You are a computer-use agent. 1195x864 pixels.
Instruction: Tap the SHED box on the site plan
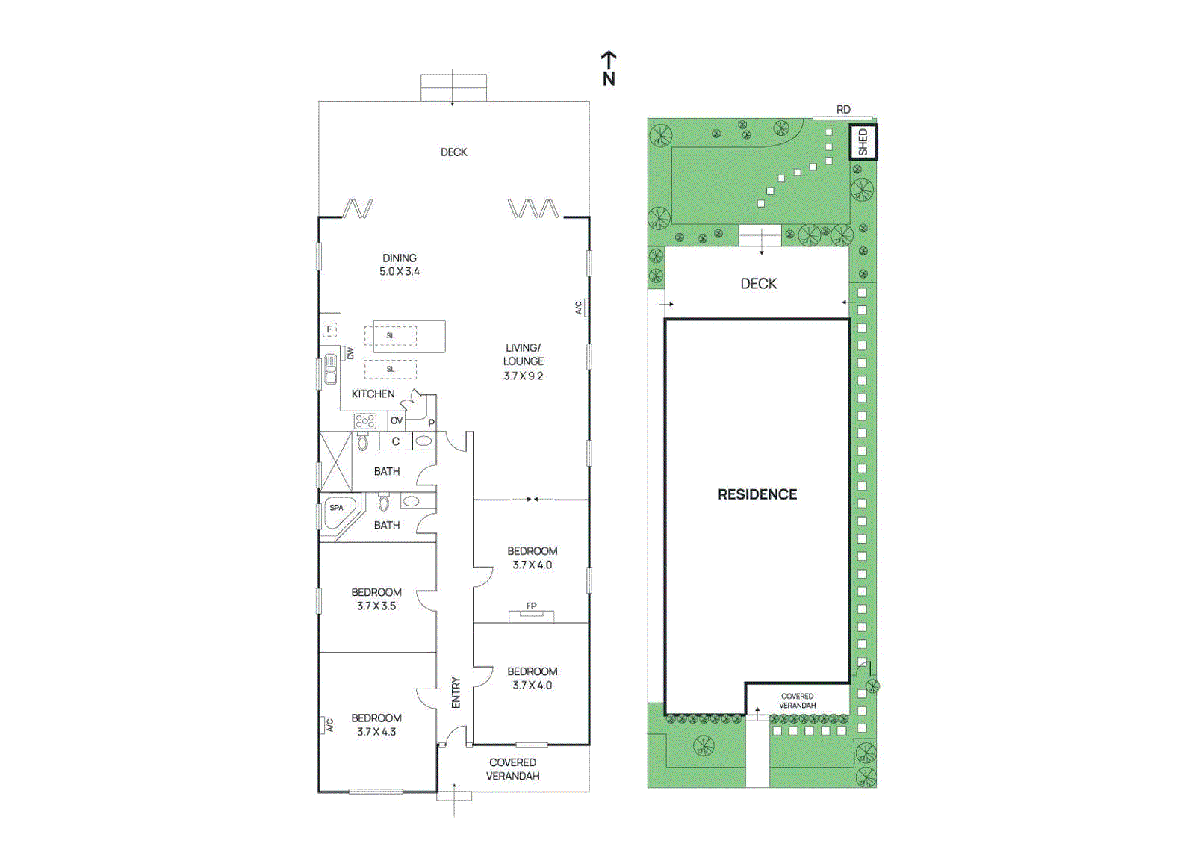[863, 142]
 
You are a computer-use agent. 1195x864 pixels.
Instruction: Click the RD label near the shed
[842, 109]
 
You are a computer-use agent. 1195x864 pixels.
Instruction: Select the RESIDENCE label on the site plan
[757, 494]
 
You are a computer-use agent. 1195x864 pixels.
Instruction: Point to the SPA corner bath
[338, 512]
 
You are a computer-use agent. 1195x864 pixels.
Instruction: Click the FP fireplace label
[531, 606]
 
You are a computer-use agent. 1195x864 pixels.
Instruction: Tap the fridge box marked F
[329, 329]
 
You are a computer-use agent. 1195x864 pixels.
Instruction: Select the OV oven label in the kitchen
[396, 420]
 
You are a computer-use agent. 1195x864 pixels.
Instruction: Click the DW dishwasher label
[350, 353]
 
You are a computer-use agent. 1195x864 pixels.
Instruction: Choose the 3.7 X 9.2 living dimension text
[523, 376]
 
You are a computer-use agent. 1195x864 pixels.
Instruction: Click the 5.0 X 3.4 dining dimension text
[400, 271]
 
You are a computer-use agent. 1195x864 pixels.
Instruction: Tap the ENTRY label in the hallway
[456, 692]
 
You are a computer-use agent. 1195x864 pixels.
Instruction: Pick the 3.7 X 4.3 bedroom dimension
[376, 732]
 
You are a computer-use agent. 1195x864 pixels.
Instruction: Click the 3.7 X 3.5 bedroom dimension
[376, 606]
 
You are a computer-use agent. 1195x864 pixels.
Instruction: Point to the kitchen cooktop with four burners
[364, 421]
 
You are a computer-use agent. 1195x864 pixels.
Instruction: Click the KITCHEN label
[373, 394]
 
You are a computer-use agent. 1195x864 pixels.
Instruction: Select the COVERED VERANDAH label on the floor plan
[512, 769]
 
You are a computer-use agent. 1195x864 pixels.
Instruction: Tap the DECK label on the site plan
[758, 284]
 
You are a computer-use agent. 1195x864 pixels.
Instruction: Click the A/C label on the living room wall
[578, 308]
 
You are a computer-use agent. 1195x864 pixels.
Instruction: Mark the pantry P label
[431, 423]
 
